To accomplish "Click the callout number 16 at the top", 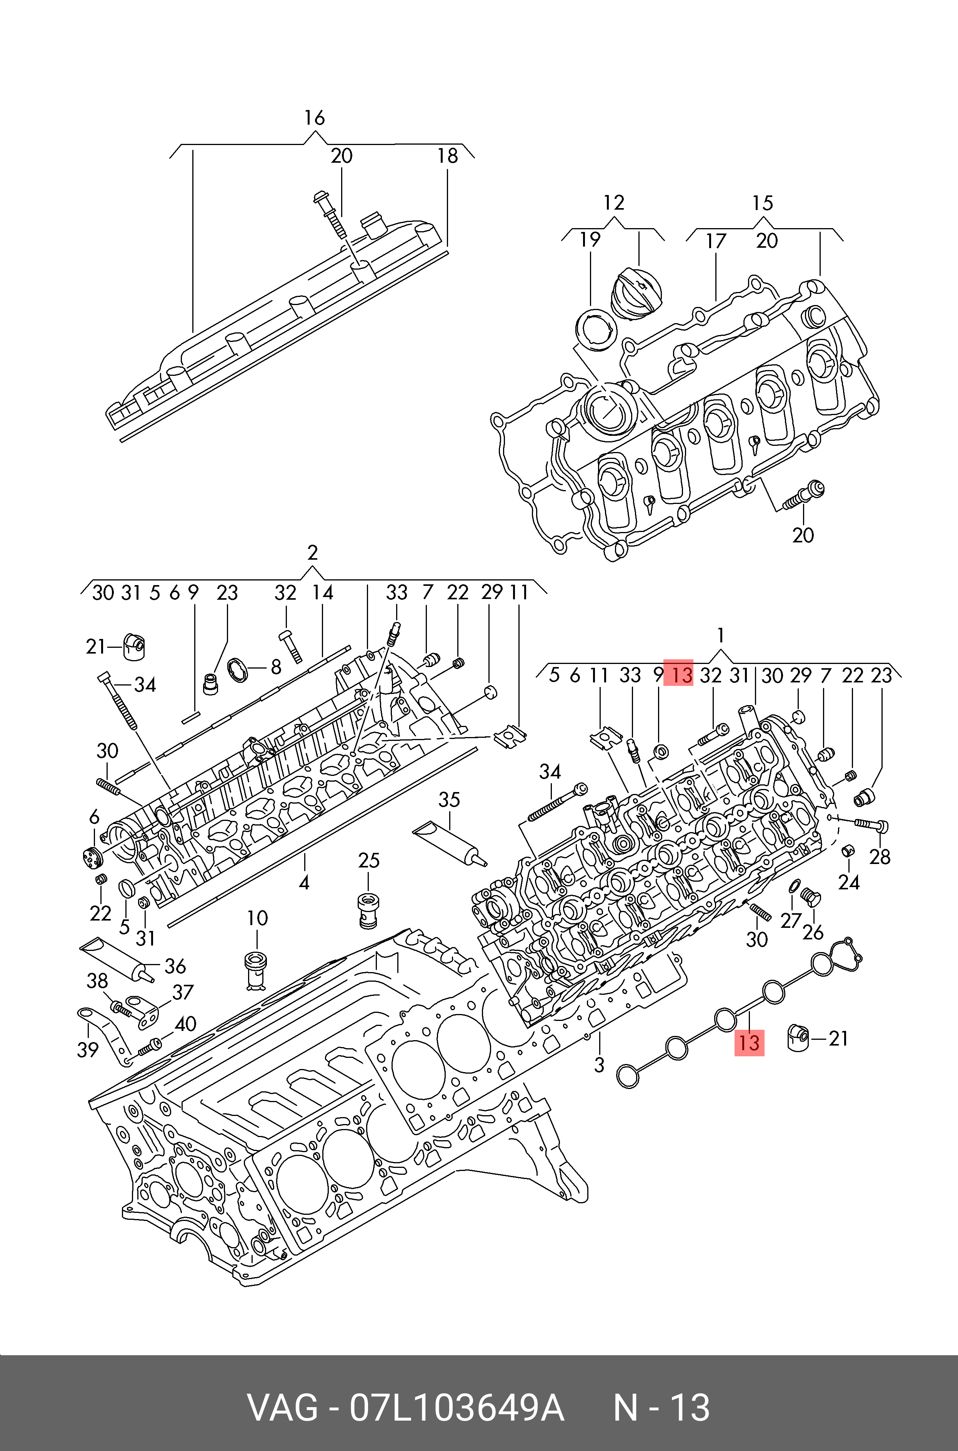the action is click(x=315, y=118).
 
